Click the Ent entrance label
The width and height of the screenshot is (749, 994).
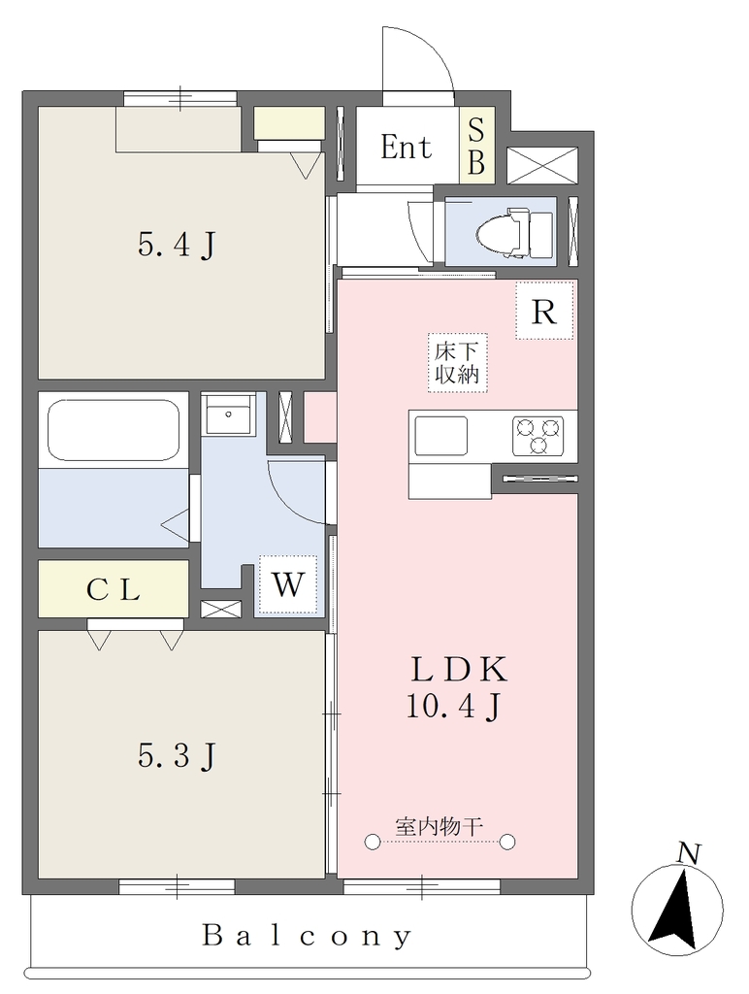[406, 148]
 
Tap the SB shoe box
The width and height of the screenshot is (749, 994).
[476, 146]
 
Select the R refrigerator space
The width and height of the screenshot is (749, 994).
[543, 311]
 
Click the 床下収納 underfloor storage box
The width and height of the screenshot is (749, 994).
[456, 363]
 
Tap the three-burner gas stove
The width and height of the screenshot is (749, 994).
[537, 436]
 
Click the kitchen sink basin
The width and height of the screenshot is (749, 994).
[440, 436]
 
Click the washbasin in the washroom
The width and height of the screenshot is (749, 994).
[228, 414]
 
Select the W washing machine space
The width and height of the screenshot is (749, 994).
[288, 583]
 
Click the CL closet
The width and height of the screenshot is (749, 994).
[114, 588]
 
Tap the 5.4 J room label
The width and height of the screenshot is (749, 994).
[177, 245]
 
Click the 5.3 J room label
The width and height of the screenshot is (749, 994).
[177, 755]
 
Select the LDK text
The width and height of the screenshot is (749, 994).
[460, 670]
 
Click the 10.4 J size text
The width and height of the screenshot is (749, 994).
[454, 706]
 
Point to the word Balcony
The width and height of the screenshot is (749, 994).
[308, 936]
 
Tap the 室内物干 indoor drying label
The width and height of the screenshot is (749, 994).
[440, 826]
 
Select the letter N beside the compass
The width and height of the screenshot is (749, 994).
[688, 854]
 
